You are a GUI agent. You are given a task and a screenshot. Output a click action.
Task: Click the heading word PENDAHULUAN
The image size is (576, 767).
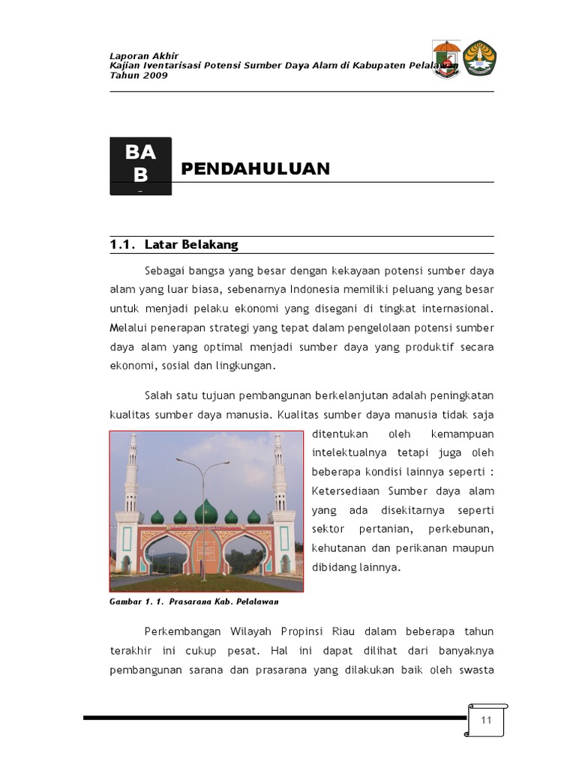[256, 169]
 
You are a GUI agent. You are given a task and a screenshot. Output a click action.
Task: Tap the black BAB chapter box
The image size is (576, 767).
[141, 166]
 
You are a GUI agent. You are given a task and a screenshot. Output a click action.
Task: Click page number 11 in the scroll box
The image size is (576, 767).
[486, 720]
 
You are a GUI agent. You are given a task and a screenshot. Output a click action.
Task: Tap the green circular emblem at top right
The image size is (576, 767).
[479, 58]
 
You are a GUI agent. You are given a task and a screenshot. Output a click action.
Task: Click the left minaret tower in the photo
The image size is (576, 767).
[133, 479]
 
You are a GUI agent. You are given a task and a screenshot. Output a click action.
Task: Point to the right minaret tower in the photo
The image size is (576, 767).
[280, 479]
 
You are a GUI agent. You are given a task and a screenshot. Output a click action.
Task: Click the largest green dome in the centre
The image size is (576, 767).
[205, 512]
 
